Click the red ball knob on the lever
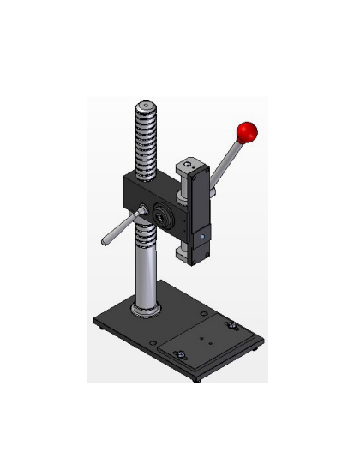click(x=248, y=132)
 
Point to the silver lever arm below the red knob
click(x=227, y=162)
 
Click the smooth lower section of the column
click(x=144, y=270)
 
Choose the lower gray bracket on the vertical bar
click(x=187, y=251)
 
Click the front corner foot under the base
click(x=198, y=378)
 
